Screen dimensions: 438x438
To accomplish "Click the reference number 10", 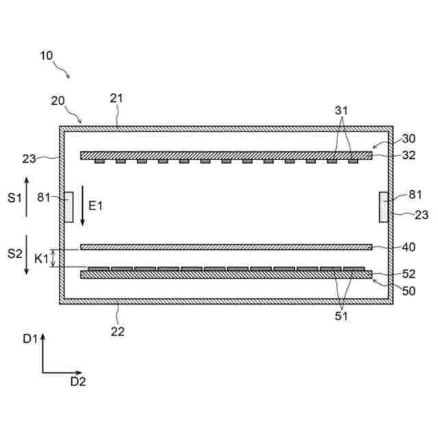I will point(47,55).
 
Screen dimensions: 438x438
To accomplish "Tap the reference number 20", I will point(58,101).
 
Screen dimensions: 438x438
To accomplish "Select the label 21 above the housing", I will point(116,98).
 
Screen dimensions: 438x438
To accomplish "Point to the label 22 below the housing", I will point(118,332).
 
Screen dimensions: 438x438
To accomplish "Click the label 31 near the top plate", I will point(342,110).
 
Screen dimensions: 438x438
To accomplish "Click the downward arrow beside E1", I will point(82,205).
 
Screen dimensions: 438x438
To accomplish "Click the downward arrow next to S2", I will point(26,255).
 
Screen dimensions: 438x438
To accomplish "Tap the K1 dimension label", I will point(41,259).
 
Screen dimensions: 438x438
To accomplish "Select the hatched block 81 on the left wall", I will point(69,207).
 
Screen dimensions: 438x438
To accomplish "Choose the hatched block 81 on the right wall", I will point(384,207).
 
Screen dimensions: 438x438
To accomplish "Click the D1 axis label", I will point(29,338).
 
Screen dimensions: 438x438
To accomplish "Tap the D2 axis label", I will point(78,382).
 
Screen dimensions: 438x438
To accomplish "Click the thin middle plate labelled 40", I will point(226,247).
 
